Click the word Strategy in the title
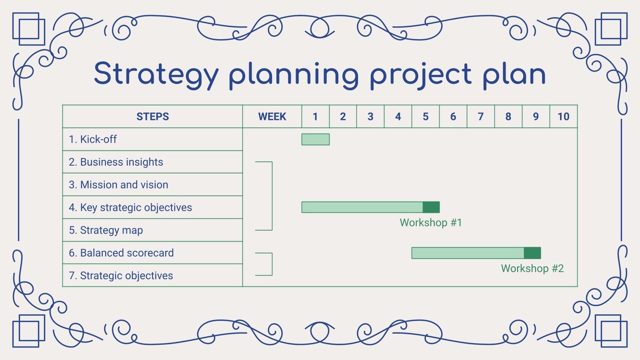coord(156,75)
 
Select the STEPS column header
coord(152,116)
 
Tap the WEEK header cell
coord(272,116)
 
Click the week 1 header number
coord(315,116)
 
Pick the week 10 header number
coord(563,116)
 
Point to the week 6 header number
coord(453,116)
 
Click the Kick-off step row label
coord(93,139)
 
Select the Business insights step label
coord(116,162)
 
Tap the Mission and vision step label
coord(118,185)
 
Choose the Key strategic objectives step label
coord(130,208)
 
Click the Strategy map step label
coord(106,230)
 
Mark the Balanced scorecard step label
coord(121,253)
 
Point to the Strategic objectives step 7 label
coord(121,276)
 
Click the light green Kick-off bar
coord(315,139)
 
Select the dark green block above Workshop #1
coord(431,207)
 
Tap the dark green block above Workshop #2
coord(532,253)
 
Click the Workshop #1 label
coord(431,223)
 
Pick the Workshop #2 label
coord(532,268)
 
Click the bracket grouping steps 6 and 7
coord(272,264)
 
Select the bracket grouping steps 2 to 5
coord(272,196)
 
